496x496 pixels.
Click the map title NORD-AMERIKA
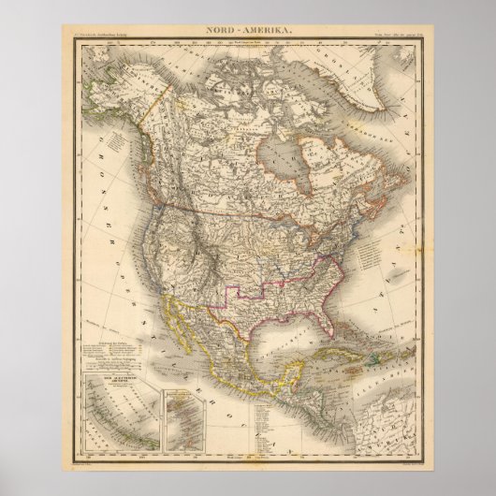[247, 31]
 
